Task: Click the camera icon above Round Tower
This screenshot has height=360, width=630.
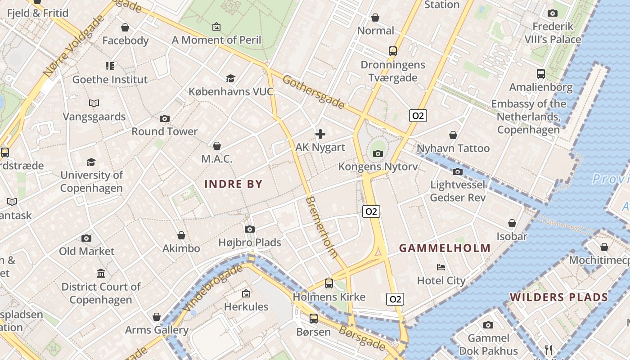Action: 165,118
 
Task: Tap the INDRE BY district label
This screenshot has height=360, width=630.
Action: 233,184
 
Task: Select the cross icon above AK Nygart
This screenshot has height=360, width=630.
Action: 320,134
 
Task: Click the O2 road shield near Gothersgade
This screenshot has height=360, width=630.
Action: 418,116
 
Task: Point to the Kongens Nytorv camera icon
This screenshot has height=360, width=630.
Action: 378,153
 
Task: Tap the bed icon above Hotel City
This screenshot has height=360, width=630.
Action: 441,267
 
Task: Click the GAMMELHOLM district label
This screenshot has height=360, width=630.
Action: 445,248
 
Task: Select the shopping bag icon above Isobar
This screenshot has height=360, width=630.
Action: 512,223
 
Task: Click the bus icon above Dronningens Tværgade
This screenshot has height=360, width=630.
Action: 393,51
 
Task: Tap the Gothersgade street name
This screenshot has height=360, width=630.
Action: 314,93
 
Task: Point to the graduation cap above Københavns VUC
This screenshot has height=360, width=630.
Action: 230,79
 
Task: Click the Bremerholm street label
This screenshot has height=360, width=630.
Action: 321,227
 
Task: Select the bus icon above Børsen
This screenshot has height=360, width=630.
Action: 314,319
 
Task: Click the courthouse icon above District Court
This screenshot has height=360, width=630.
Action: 101,273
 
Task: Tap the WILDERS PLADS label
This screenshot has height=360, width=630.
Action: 559,297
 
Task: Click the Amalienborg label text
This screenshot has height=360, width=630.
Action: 540,87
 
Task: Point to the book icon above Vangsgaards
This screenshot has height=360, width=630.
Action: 94,103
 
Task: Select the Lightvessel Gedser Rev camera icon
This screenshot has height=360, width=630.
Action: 458,171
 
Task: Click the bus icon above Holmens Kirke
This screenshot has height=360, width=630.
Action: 329,283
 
